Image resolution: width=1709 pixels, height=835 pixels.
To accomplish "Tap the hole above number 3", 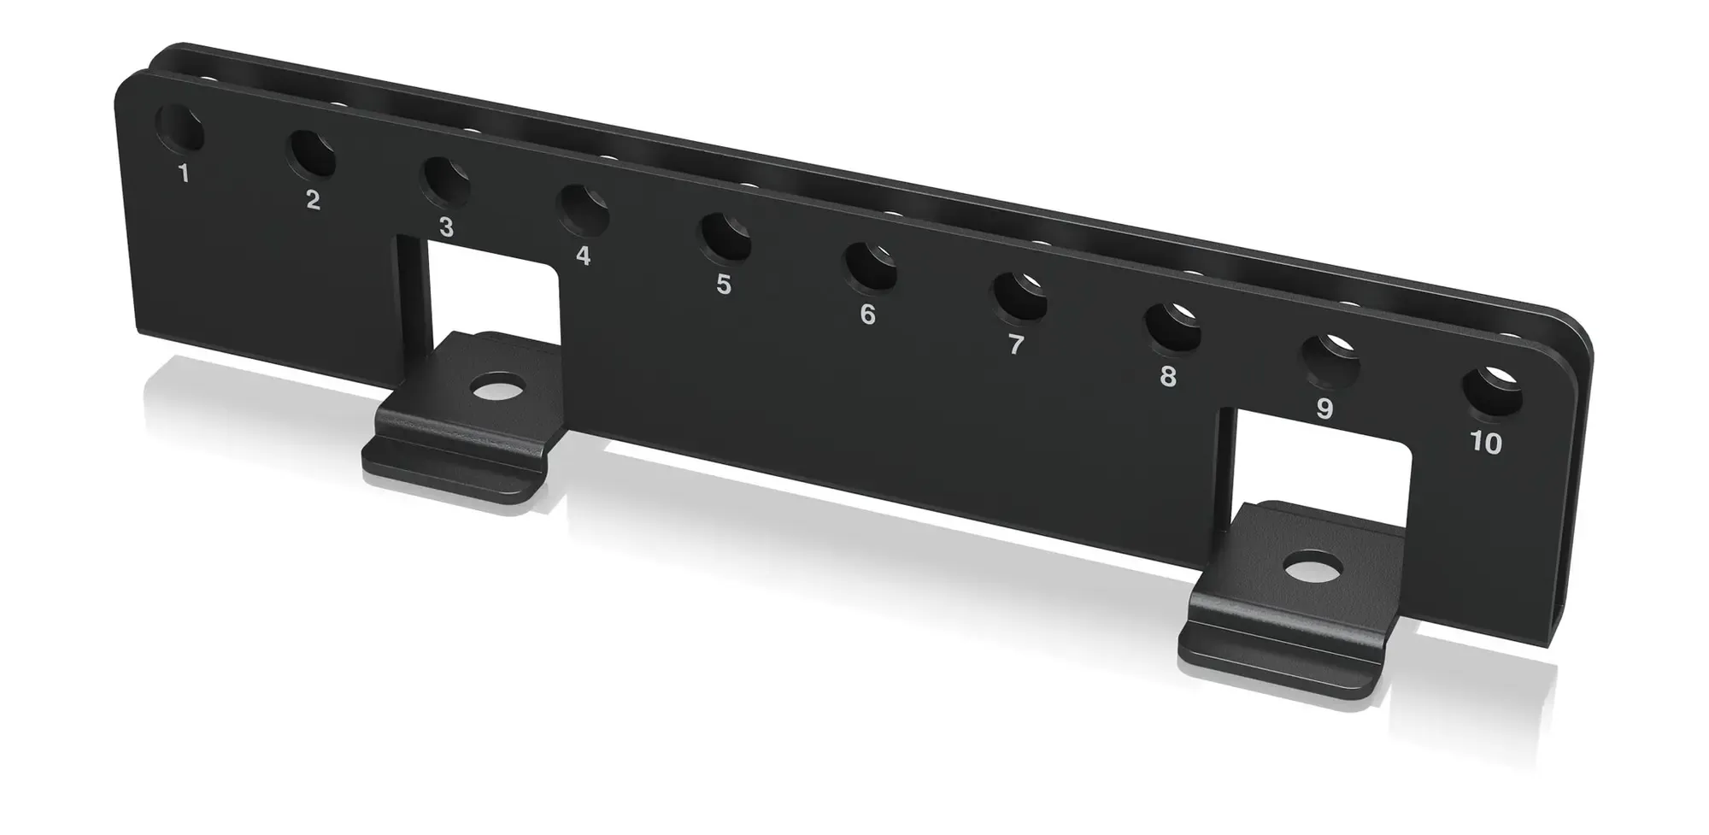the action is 445,182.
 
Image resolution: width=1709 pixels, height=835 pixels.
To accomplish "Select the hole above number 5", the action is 725,238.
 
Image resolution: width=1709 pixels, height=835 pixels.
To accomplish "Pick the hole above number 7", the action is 1019,297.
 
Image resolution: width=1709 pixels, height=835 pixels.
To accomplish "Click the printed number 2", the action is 313,200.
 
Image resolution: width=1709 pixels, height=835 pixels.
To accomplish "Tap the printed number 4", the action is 583,255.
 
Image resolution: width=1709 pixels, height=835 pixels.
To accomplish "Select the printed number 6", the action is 867,315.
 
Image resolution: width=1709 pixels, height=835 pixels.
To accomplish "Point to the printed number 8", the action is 1168,376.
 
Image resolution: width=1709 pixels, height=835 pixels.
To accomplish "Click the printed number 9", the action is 1324,409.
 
